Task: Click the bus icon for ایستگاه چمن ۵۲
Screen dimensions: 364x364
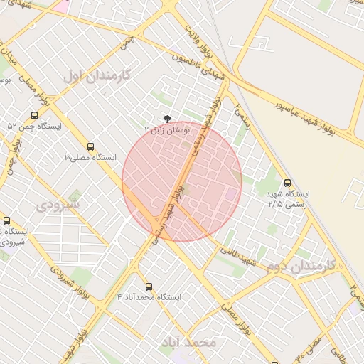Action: tap(35, 115)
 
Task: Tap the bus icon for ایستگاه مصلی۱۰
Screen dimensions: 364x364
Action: tap(90, 146)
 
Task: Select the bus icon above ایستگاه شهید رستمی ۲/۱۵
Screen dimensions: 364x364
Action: tap(287, 183)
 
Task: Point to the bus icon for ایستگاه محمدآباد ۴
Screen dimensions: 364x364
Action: tap(149, 287)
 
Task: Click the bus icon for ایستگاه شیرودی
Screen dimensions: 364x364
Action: tap(7, 221)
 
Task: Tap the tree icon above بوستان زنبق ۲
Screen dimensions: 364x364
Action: tap(167, 119)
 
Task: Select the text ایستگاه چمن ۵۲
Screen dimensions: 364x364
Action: tap(35, 126)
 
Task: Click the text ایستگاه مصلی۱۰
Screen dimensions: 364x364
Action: tap(90, 156)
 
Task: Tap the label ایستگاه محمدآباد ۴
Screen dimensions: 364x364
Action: tap(149, 296)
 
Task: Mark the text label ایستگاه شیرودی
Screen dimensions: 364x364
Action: tap(15, 236)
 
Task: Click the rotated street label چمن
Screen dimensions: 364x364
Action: tap(128, 43)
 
